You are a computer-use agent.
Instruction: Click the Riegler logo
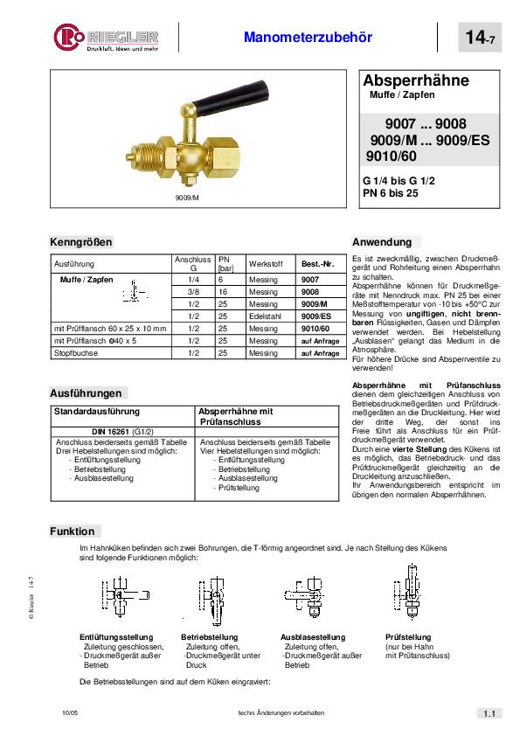[106, 38]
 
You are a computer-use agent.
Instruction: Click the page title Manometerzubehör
[308, 38]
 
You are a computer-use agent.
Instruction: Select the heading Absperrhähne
[416, 80]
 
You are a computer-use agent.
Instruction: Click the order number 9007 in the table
[310, 279]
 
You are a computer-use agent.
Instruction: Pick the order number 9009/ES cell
[315, 316]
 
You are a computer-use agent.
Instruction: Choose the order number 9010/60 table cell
[315, 328]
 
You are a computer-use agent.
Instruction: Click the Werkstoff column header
[263, 263]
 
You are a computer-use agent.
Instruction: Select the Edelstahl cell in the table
[263, 316]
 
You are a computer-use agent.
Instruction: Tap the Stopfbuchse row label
[74, 353]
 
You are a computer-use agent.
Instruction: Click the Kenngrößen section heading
[81, 242]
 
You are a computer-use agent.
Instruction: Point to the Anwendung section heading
[381, 242]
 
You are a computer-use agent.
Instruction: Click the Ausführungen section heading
[85, 393]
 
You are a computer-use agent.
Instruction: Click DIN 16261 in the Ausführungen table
[122, 432]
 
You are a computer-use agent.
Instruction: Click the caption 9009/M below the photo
[188, 198]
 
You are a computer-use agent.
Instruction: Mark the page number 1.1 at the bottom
[488, 714]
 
